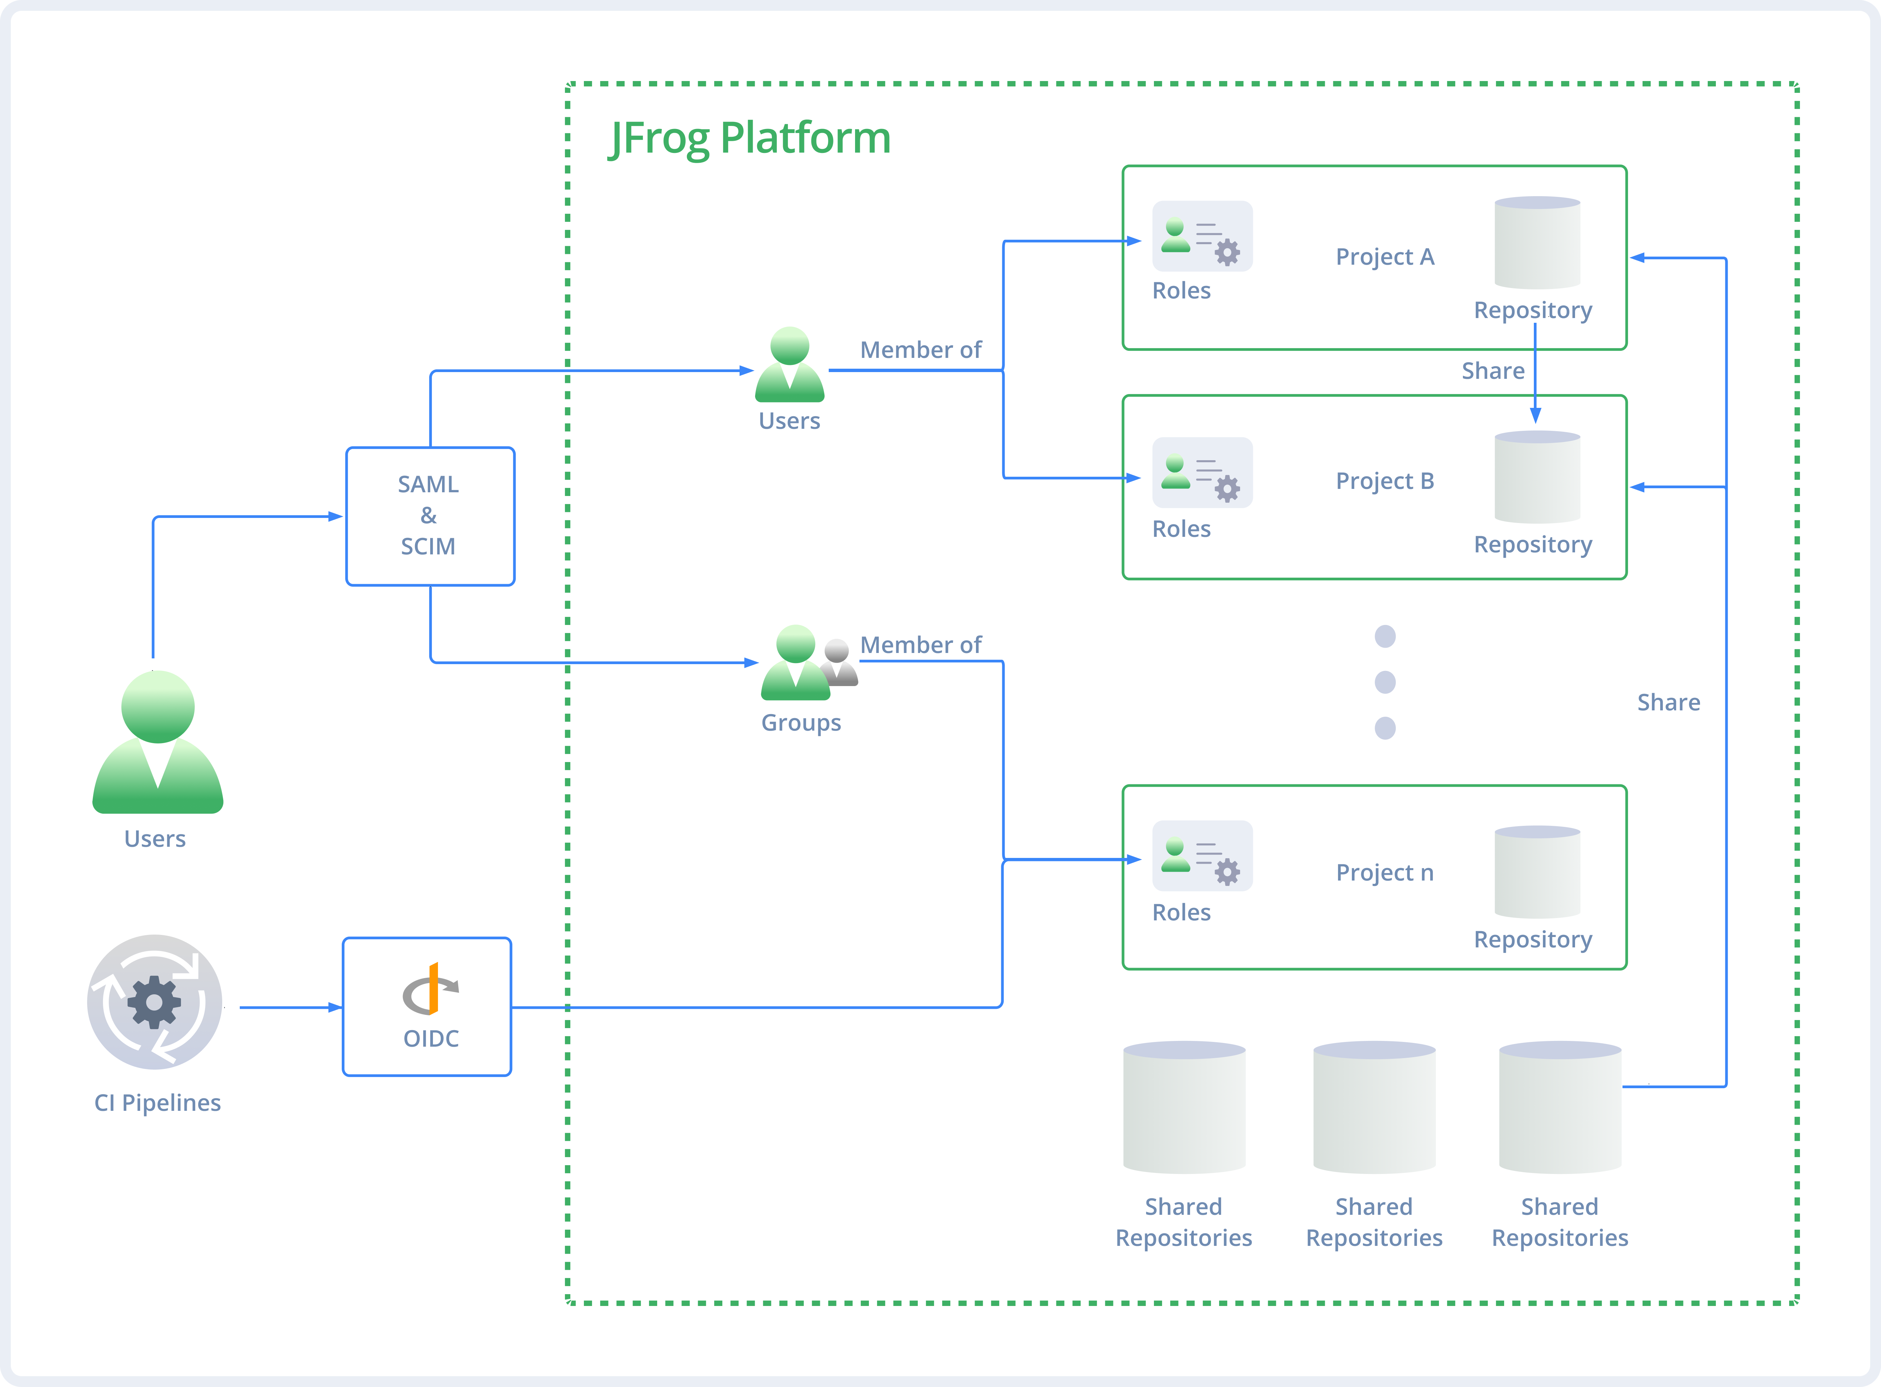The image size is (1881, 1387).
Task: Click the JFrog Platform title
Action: tap(749, 138)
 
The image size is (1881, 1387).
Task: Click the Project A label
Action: tap(1385, 257)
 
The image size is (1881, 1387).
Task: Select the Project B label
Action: tap(1385, 481)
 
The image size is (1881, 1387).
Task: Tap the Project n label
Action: tap(1385, 873)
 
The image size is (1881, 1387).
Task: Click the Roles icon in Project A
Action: tap(1202, 237)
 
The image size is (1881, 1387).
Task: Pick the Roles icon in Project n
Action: tap(1202, 856)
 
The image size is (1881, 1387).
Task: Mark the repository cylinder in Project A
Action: tap(1537, 243)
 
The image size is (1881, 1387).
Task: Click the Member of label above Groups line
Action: tap(920, 645)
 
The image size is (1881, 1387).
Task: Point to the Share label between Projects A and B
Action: tap(1492, 371)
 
